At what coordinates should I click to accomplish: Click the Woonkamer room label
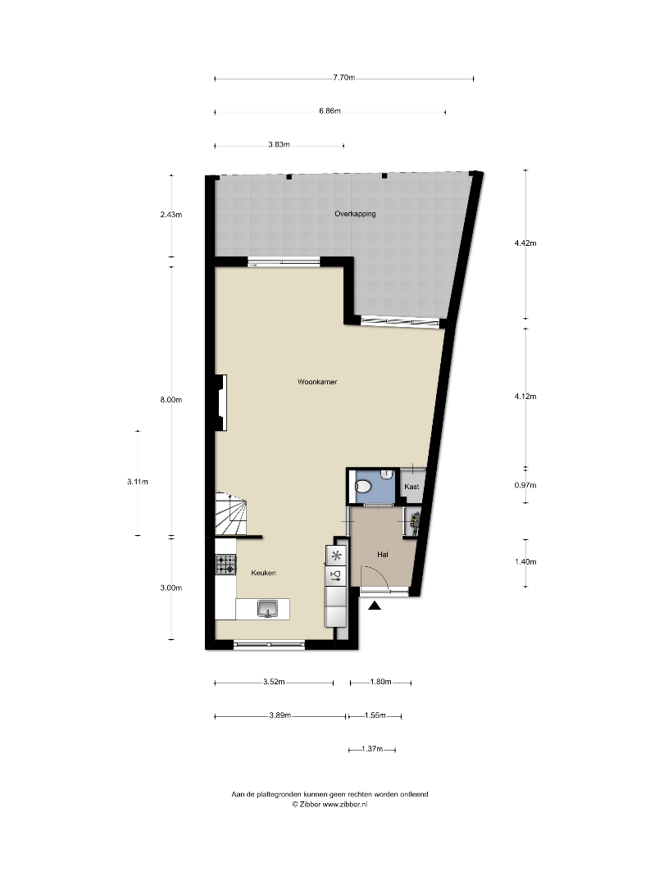(317, 382)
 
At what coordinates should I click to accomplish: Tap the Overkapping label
(355, 214)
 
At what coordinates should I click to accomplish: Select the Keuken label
(264, 573)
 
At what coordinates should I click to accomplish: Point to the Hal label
(383, 555)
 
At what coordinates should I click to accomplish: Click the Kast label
(412, 487)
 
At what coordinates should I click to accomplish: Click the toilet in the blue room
(363, 487)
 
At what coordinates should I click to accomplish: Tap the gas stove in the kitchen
(225, 565)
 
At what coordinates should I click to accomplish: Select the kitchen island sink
(267, 608)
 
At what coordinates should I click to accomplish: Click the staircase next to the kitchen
(231, 512)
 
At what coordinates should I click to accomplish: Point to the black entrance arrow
(375, 606)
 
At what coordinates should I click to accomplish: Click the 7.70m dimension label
(343, 78)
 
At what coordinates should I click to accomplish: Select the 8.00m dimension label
(171, 400)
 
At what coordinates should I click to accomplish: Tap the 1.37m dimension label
(371, 750)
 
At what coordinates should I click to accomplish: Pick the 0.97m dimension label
(525, 485)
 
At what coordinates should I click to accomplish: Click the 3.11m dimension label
(137, 482)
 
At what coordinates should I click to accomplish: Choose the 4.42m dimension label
(525, 243)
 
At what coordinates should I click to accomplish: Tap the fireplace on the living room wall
(221, 402)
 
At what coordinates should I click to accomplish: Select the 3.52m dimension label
(274, 682)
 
